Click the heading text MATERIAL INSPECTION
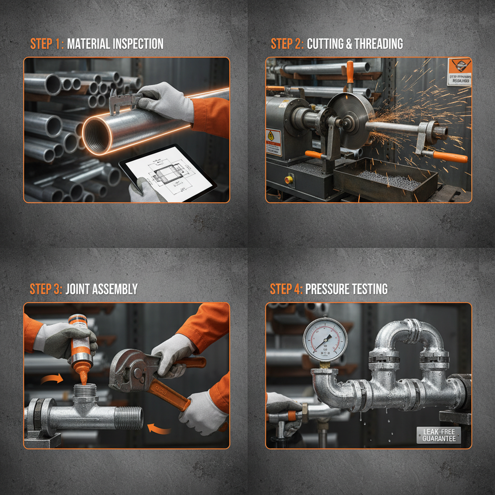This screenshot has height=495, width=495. pos(115,44)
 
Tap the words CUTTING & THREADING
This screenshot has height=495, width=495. pos(355,44)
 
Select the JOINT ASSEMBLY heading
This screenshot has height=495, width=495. pos(102,289)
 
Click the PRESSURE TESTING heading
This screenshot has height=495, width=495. pos(346,289)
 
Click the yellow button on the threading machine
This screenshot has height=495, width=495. pos(289,179)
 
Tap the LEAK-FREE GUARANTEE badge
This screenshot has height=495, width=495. pos(439,435)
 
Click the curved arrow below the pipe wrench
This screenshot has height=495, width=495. pos(159,428)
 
